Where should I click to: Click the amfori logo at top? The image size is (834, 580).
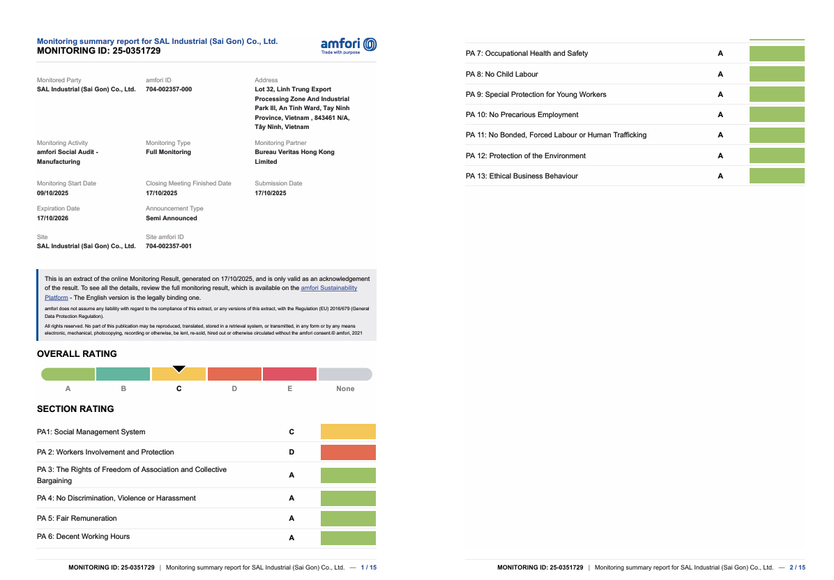348,45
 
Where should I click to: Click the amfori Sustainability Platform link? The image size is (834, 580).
328,288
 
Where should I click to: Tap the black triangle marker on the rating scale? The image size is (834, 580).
179,369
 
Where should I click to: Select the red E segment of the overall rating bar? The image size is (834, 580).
289,374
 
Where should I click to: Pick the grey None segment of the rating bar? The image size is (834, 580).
344,374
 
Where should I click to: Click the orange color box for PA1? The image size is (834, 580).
348,432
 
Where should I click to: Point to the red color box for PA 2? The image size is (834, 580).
348,452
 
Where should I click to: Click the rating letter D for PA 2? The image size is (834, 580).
291,452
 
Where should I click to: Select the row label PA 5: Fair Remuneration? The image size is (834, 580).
77,518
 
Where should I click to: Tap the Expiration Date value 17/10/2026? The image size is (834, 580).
52,218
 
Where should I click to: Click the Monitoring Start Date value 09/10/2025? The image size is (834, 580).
52,193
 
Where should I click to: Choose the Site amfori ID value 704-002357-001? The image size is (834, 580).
169,246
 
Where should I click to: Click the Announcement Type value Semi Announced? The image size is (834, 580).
172,218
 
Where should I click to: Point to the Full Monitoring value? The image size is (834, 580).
168,152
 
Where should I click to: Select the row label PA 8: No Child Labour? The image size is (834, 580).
501,74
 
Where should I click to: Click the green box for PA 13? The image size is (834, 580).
777,176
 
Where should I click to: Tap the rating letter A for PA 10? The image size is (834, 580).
720,115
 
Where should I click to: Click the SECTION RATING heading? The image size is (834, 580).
75,409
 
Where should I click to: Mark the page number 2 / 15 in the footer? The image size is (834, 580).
797,567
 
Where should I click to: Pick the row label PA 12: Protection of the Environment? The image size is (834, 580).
525,155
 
